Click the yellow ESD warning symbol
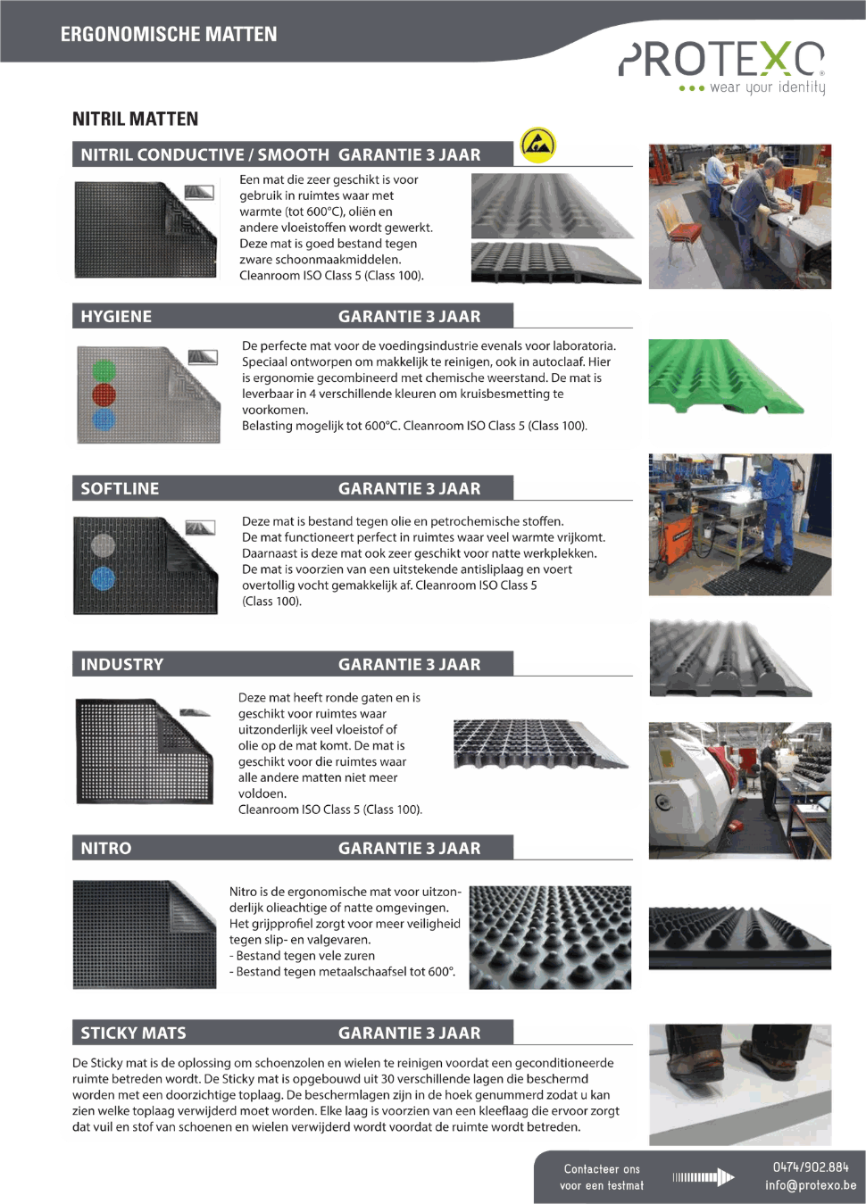click(x=538, y=145)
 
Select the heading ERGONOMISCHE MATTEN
click(x=169, y=35)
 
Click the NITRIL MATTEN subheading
click(x=136, y=119)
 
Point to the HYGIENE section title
click(x=116, y=317)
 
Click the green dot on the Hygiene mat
click(x=104, y=370)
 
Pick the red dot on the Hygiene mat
click(x=104, y=394)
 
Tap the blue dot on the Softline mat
click(x=104, y=579)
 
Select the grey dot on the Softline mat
click(x=104, y=545)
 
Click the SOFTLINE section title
click(x=120, y=488)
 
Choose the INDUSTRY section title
click(x=122, y=664)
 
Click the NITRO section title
click(x=106, y=848)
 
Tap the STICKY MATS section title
click(x=133, y=1033)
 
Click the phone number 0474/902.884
click(x=811, y=1167)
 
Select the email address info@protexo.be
click(x=811, y=1185)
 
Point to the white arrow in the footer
click(x=704, y=1177)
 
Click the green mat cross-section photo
click(x=726, y=377)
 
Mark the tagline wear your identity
click(x=767, y=87)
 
